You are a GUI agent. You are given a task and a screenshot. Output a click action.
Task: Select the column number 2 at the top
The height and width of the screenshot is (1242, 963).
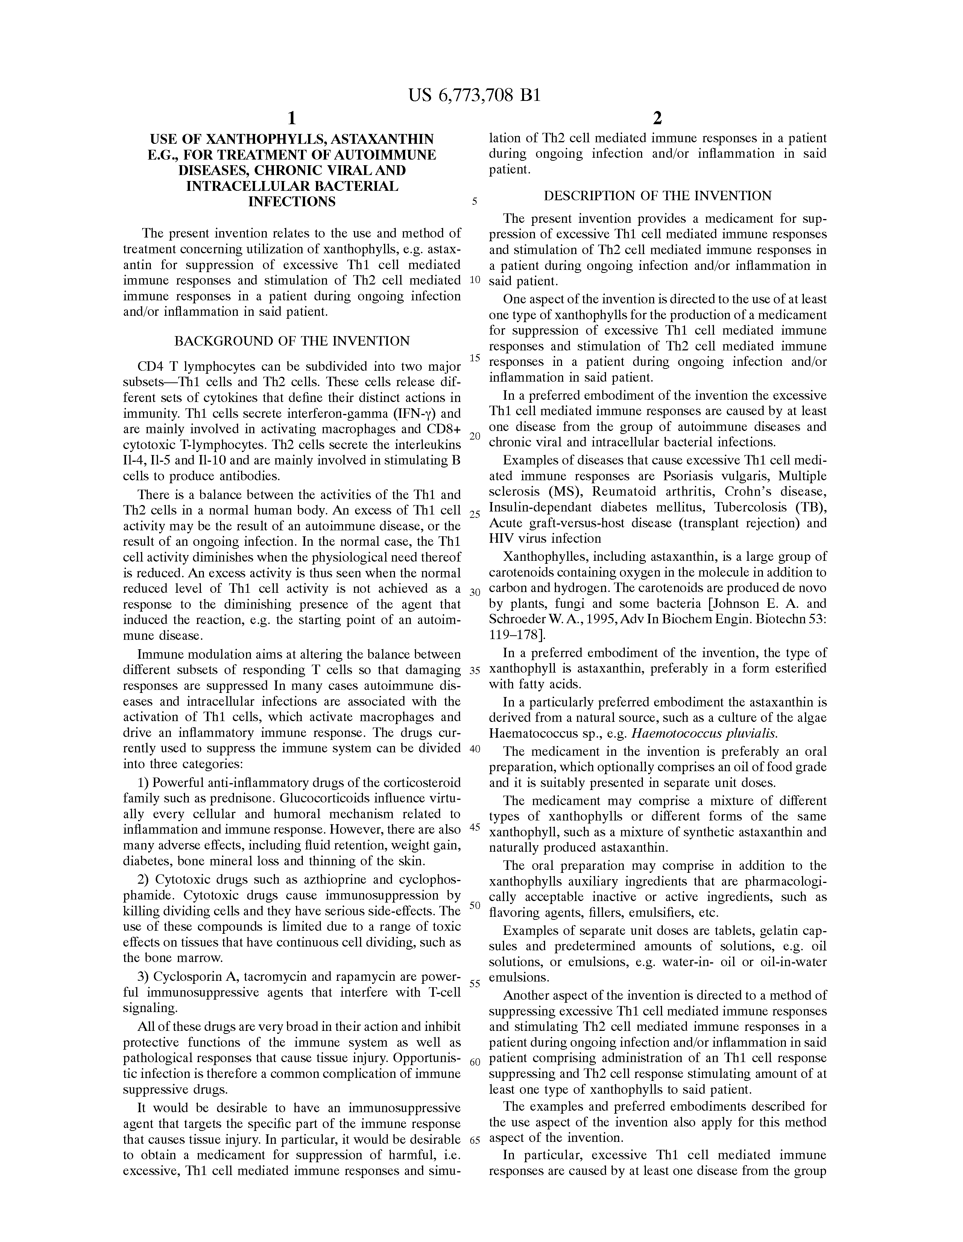(657, 118)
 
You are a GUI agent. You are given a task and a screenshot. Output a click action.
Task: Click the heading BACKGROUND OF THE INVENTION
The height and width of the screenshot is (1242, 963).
(292, 341)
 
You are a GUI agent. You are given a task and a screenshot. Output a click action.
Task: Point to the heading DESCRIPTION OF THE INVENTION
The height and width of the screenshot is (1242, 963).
(658, 196)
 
